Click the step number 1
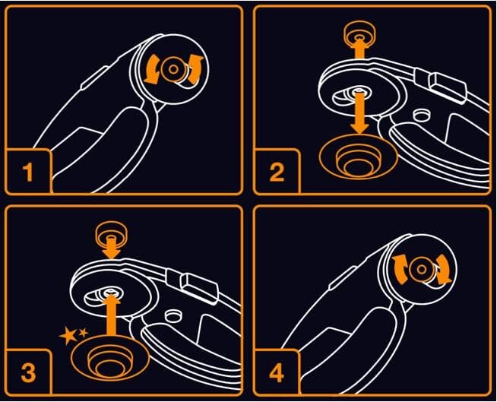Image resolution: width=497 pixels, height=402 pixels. (x=28, y=173)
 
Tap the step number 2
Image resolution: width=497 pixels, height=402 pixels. (x=277, y=173)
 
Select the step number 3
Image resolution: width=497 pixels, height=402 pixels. (x=28, y=372)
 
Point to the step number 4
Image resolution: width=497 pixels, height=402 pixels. (x=277, y=372)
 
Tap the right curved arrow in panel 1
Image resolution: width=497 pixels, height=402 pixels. (x=195, y=70)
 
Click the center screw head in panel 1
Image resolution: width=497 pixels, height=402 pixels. (x=173, y=69)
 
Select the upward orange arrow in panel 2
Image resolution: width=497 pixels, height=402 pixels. (x=359, y=48)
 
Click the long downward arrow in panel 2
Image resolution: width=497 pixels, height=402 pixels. (x=359, y=112)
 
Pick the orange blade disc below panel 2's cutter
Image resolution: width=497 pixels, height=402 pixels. (x=359, y=157)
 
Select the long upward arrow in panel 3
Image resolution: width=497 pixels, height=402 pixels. (x=111, y=315)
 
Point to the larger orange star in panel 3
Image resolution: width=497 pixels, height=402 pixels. (x=69, y=335)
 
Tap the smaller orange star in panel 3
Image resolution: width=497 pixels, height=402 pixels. (x=84, y=333)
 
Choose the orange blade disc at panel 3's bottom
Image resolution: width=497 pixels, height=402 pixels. (x=110, y=358)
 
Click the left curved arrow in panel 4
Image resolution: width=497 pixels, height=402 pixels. (x=400, y=270)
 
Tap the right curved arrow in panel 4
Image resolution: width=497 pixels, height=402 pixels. (x=443, y=270)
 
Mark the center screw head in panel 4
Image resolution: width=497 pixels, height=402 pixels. (x=421, y=270)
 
